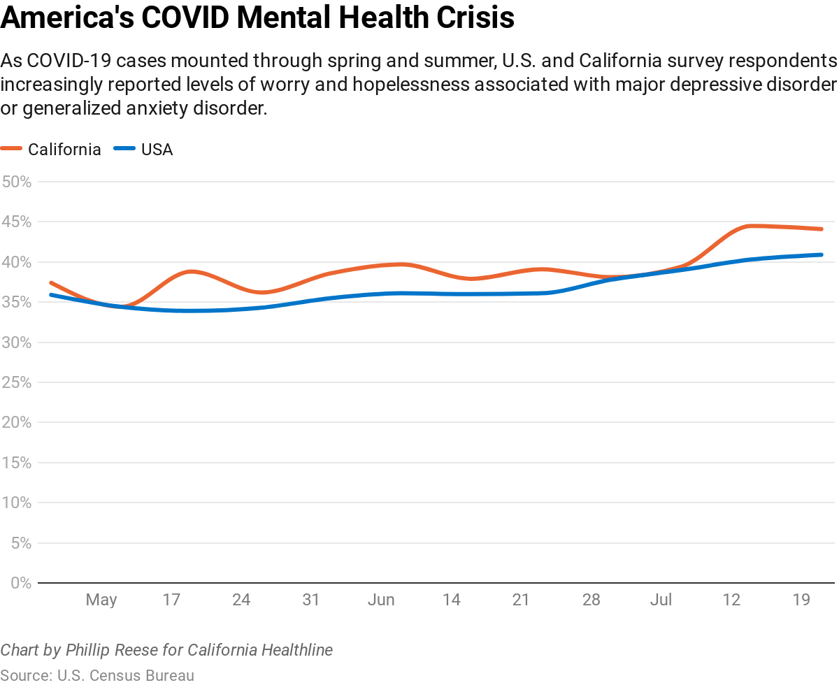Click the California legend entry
pyautogui.click(x=64, y=149)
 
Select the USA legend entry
pyautogui.click(x=157, y=149)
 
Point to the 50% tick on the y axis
pyautogui.click(x=17, y=182)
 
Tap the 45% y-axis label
pyautogui.click(x=17, y=222)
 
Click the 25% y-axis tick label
pyautogui.click(x=17, y=382)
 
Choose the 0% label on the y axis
pyautogui.click(x=21, y=582)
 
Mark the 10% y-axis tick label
pyautogui.click(x=17, y=503)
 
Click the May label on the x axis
pyautogui.click(x=101, y=600)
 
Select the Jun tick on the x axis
pyautogui.click(x=381, y=600)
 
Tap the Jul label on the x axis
pyautogui.click(x=661, y=600)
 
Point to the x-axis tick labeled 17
pyautogui.click(x=171, y=600)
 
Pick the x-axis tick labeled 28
pyautogui.click(x=591, y=600)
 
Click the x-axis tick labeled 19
pyautogui.click(x=801, y=600)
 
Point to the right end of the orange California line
pyautogui.click(x=822, y=229)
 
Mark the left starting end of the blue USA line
pyautogui.click(x=51, y=294)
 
